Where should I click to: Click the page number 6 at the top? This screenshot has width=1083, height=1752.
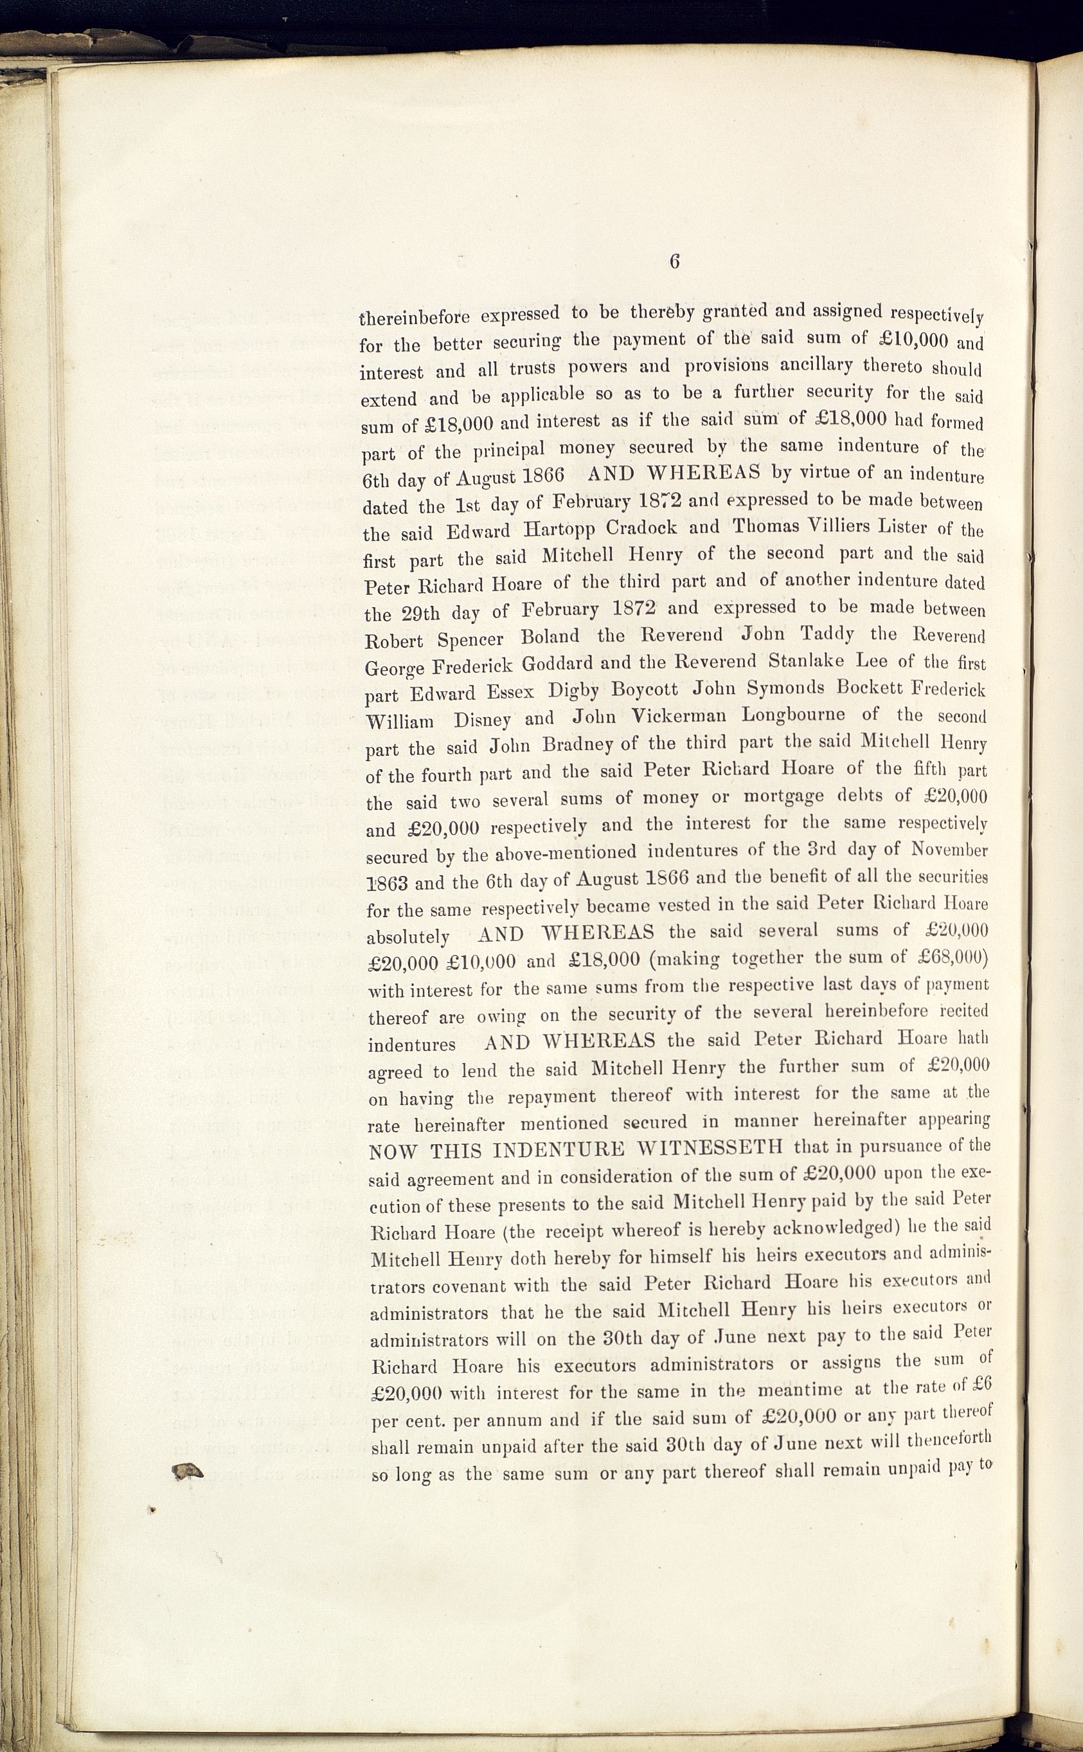coord(674,262)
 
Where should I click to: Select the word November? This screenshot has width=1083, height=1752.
coord(949,850)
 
